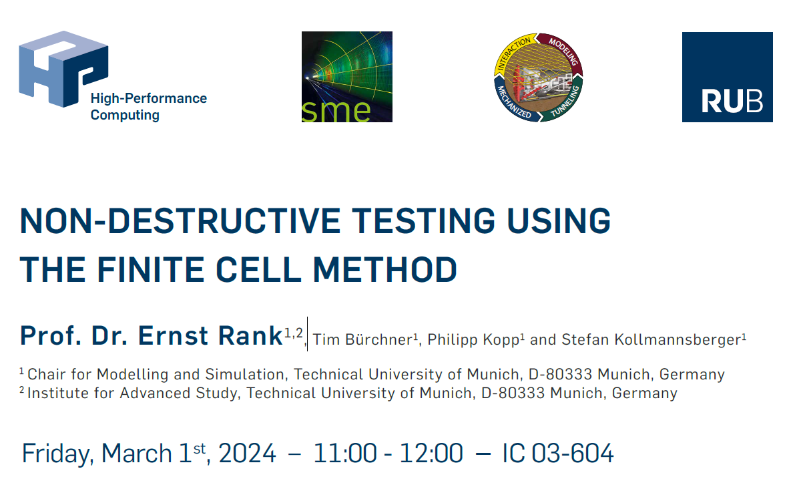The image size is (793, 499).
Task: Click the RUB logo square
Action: pos(728,77)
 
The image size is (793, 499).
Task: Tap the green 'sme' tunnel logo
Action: pos(347,77)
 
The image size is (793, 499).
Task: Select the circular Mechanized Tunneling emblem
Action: pos(538,77)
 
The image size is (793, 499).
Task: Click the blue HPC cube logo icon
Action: pos(63,69)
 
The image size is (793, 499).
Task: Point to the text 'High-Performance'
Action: pos(149,98)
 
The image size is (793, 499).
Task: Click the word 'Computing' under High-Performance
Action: pos(125,115)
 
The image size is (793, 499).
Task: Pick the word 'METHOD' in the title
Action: pos(385,269)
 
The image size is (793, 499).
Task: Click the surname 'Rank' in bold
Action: pos(250,335)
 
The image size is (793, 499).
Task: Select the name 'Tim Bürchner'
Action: pos(362,339)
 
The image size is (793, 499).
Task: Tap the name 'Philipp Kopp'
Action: pos(473,339)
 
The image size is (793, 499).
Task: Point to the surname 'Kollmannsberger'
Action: pos(678,339)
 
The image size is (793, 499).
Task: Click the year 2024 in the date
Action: pos(247,453)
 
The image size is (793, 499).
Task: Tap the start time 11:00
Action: pos(345,453)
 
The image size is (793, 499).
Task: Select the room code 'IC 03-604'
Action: pos(557,453)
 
